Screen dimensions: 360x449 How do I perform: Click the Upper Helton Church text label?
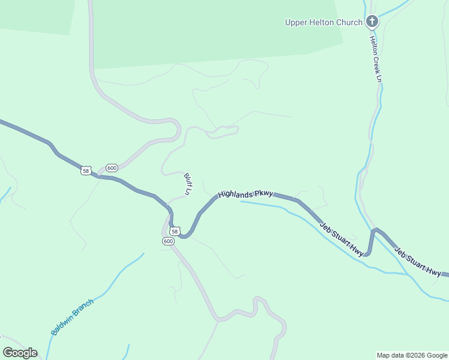[323, 23]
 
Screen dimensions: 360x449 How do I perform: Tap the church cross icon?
[372, 22]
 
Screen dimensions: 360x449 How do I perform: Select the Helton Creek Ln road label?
[376, 59]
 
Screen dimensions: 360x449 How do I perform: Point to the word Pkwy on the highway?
[264, 194]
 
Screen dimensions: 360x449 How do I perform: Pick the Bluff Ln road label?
[187, 184]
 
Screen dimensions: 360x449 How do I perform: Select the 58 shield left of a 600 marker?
[86, 171]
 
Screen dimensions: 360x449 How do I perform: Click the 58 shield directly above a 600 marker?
[174, 231]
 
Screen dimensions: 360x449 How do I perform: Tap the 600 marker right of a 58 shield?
[112, 167]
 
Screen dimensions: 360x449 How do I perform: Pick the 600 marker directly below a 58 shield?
[168, 241]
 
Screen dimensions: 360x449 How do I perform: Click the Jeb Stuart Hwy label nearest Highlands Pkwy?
[342, 239]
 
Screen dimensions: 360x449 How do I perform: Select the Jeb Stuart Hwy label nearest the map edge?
[418, 261]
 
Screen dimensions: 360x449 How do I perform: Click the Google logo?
[20, 353]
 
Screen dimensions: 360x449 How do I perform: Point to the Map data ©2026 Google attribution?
[412, 355]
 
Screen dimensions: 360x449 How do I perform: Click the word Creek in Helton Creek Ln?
[376, 60]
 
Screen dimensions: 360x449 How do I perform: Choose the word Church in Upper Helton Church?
[349, 23]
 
